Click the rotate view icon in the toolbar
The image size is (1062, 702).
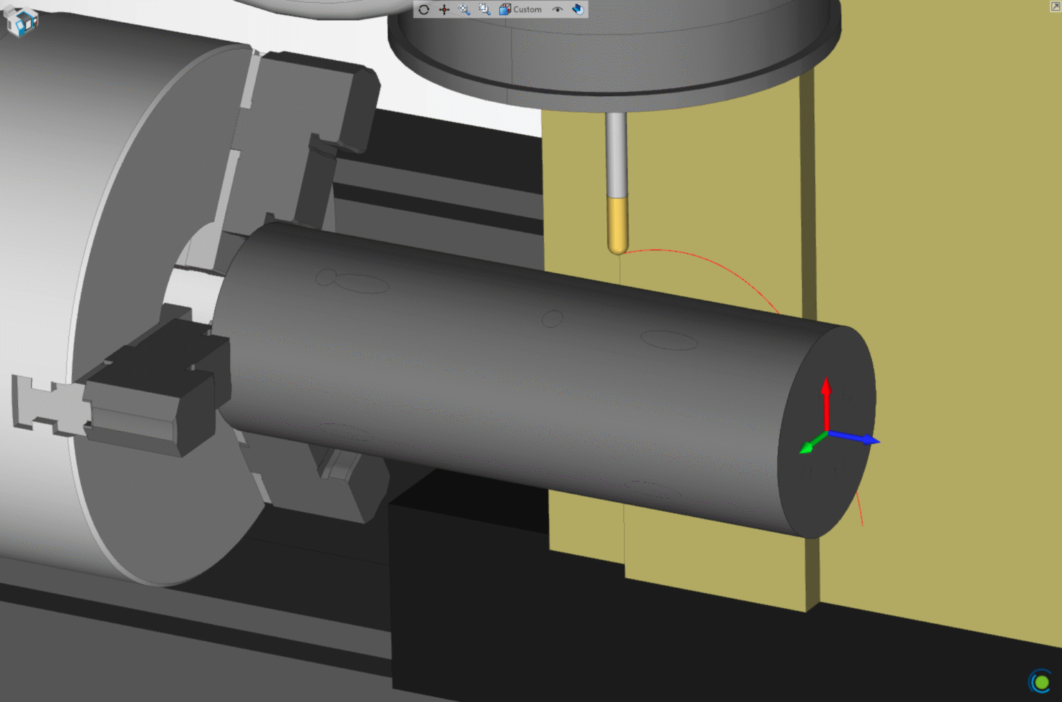point(424,10)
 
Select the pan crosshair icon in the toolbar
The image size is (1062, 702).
point(445,10)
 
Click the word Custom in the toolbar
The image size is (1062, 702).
point(528,10)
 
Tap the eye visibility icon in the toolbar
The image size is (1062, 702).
point(557,9)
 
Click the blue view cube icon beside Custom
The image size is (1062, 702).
point(505,10)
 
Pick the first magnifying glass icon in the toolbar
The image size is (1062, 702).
point(464,10)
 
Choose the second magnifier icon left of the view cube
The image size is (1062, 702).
point(484,10)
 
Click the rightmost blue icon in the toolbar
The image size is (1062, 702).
point(578,10)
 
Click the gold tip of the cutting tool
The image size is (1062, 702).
point(617,225)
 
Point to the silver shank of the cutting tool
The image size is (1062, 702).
point(616,155)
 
